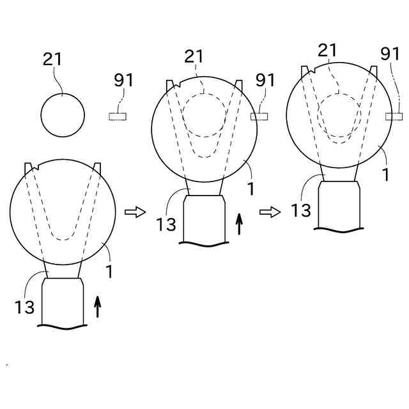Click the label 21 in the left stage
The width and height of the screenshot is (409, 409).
coord(52,59)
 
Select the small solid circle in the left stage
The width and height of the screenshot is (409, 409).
coord(63,116)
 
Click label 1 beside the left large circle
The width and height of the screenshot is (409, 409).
coord(109,271)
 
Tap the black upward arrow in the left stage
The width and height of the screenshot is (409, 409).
coord(98,307)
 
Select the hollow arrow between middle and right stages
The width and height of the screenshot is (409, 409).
coord(270,212)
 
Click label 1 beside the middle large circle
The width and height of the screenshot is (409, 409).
coord(252,189)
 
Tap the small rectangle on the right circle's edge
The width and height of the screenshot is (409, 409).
coord(394,116)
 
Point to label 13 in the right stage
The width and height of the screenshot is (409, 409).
coord(300,210)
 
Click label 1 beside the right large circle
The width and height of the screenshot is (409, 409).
coord(386,174)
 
